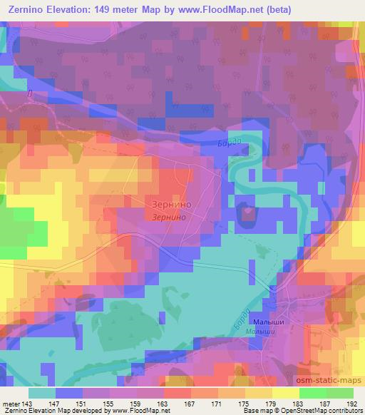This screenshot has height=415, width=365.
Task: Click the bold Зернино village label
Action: coord(170,202)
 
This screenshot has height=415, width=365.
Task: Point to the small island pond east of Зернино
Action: coord(248,211)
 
